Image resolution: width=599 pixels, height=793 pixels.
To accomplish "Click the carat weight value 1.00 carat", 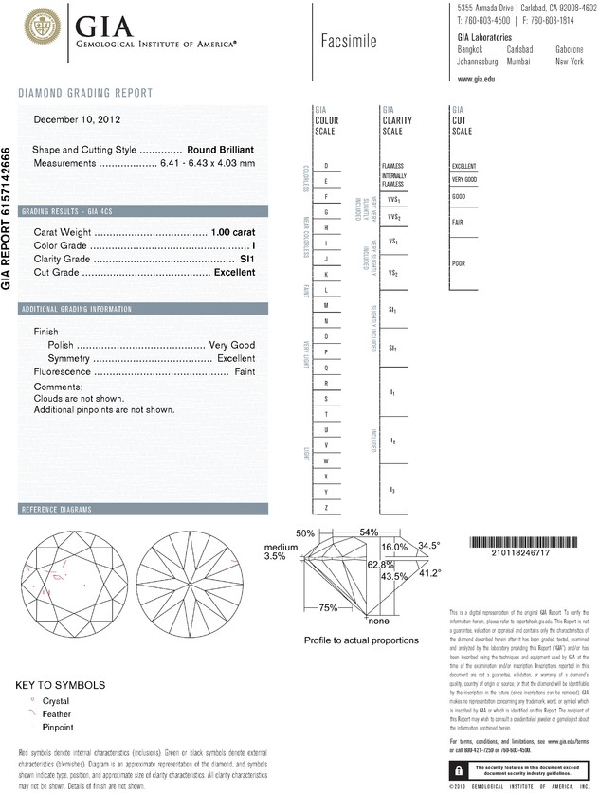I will tap(233, 233).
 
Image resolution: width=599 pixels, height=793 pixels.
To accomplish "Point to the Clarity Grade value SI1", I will tap(248, 259).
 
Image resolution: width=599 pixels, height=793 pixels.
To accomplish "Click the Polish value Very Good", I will tap(232, 346).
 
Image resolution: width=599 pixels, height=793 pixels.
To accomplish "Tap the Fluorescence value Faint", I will tap(245, 372).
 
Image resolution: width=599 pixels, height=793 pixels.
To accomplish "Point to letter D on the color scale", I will tap(326, 166).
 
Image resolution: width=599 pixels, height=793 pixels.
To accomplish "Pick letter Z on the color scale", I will tap(326, 509).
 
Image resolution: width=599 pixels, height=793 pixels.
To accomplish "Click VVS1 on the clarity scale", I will tap(393, 200).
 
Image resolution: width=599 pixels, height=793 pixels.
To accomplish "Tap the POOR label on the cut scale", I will tap(459, 263).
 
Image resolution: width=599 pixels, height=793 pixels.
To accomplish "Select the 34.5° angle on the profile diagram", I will tap(429, 546).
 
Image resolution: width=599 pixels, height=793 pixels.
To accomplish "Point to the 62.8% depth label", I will tap(380, 563).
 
